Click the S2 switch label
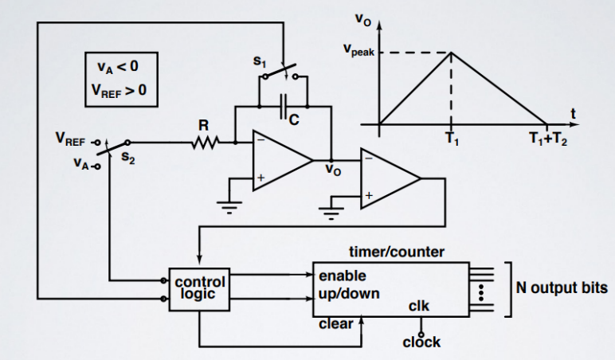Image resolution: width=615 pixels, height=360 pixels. coord(127,158)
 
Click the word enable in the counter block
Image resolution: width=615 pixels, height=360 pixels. coord(343,276)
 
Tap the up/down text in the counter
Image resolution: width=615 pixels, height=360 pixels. coord(349,293)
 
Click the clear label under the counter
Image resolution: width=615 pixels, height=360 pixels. coord(335,324)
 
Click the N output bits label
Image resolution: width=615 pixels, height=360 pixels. coord(564,288)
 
